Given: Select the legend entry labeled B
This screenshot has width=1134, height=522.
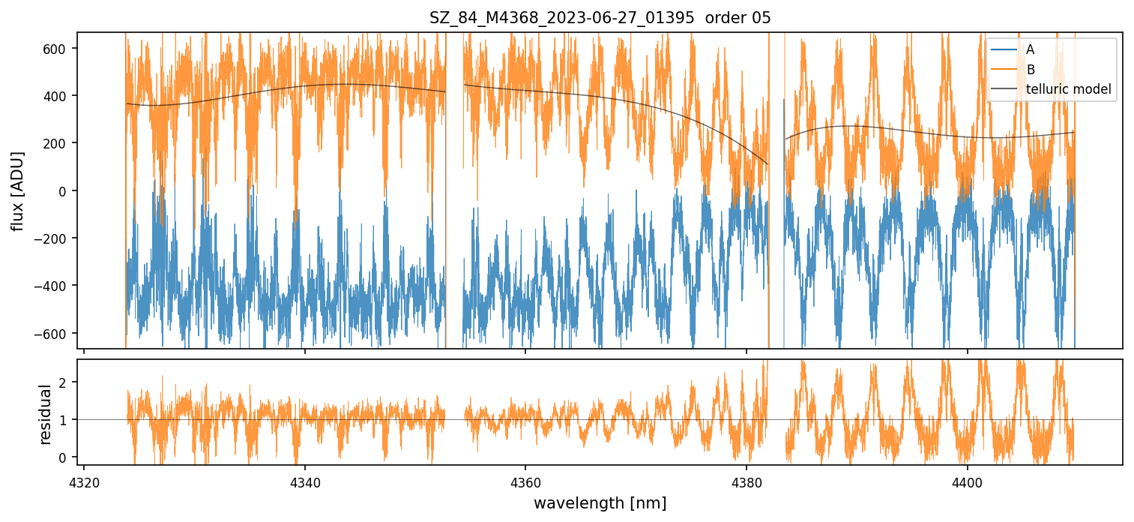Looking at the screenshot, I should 1030,70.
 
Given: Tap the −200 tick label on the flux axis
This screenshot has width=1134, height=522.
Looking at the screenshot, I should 55,238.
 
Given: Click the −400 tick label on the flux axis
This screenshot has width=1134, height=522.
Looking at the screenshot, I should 55,286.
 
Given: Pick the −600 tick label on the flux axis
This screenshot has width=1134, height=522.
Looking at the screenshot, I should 55,333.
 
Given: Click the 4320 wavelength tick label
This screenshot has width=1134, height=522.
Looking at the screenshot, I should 84,480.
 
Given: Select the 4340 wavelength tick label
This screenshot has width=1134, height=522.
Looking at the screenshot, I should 304,480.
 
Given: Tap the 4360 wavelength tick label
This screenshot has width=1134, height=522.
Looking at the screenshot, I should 525,480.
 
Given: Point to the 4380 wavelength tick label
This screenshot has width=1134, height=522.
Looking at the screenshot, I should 747,480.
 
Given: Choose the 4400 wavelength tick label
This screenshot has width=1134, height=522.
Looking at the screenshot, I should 967,480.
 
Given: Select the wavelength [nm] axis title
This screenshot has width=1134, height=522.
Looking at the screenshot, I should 600,502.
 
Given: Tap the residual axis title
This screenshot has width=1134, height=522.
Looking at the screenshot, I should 45,414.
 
